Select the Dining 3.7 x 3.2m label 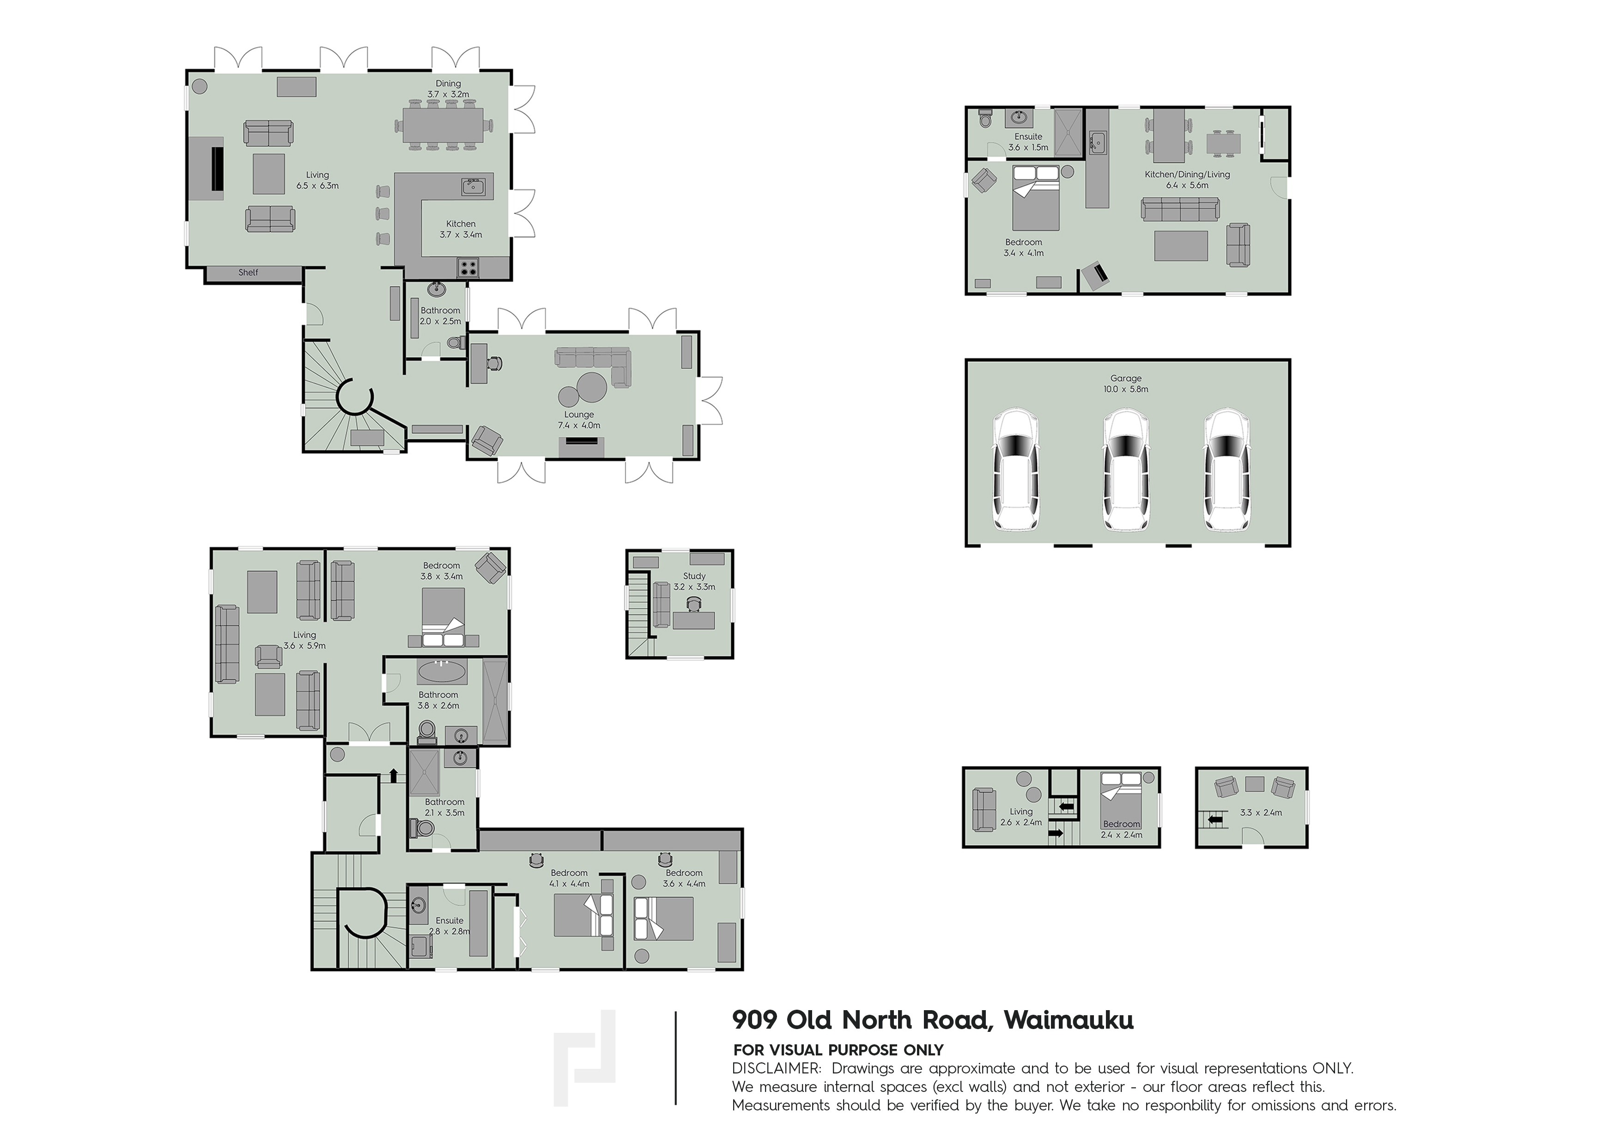[x=448, y=88]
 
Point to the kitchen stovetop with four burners [x=468, y=267]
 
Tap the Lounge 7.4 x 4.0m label [x=579, y=420]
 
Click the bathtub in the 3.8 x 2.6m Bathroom [x=441, y=671]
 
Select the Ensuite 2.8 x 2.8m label [x=450, y=926]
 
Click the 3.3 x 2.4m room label [x=1261, y=813]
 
